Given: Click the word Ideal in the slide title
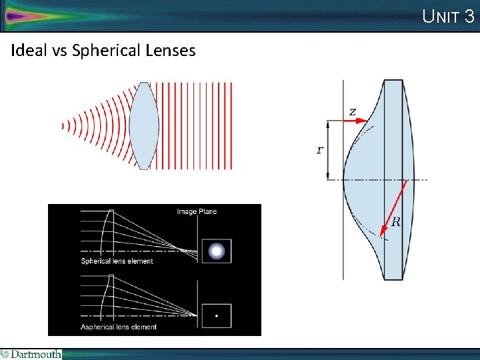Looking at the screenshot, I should point(27,51).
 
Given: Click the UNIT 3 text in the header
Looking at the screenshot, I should point(448,16).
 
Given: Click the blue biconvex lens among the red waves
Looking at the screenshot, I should point(143,125).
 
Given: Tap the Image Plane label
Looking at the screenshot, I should point(197,212).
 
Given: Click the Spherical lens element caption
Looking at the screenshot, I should point(117,261).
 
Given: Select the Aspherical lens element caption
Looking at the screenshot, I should point(119,327).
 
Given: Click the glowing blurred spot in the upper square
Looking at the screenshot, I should point(217,251).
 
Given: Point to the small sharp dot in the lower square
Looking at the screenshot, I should point(217,316).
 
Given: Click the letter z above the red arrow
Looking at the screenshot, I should point(352,111).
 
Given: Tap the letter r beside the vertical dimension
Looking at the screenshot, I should point(319,150).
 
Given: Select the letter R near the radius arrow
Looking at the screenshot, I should point(395,222).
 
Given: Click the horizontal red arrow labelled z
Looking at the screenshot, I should point(358,121).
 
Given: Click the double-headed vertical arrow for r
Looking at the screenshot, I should point(328,150).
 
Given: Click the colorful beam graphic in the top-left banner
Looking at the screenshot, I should point(40,15).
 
